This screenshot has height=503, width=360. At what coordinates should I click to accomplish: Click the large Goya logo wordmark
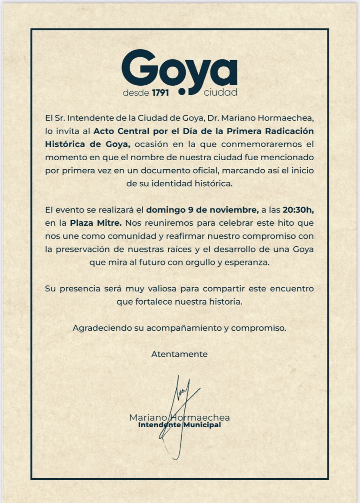pyautogui.click(x=179, y=70)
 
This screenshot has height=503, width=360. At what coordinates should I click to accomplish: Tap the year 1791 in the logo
pyautogui.click(x=160, y=93)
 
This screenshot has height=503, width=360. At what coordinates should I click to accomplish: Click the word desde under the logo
pyautogui.click(x=136, y=93)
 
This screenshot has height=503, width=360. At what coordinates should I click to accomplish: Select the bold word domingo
pyautogui.click(x=166, y=210)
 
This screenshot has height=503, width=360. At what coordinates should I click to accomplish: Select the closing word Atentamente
pyautogui.click(x=179, y=354)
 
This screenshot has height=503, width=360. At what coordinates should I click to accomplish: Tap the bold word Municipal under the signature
pyautogui.click(x=202, y=425)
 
